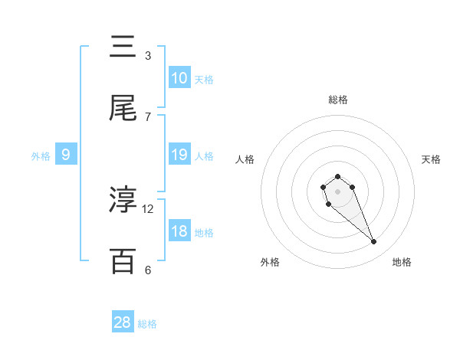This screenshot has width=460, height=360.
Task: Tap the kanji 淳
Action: click(x=123, y=200)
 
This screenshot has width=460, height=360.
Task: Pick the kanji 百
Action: click(x=123, y=261)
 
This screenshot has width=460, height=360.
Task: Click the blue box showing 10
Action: click(x=179, y=78)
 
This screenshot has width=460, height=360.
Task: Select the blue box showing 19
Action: click(x=179, y=155)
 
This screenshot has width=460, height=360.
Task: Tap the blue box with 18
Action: click(x=179, y=231)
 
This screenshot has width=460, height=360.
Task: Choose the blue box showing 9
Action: click(x=66, y=155)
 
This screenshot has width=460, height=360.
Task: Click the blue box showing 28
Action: click(x=123, y=322)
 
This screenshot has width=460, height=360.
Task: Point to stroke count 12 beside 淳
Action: click(x=148, y=208)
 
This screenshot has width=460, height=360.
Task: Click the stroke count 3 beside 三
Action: click(x=148, y=55)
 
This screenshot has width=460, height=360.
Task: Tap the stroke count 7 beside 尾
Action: click(x=148, y=116)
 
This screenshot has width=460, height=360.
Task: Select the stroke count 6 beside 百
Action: click(x=148, y=270)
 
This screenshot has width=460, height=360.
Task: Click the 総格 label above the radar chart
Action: click(x=337, y=100)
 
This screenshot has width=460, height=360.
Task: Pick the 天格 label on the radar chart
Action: click(x=431, y=159)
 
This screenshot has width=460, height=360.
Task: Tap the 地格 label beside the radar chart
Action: click(x=402, y=262)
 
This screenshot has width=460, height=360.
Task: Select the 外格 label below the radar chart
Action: click(x=270, y=262)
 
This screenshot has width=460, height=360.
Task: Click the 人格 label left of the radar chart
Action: click(x=245, y=159)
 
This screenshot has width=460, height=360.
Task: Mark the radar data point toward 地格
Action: click(x=373, y=242)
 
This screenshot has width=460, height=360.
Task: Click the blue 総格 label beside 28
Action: click(x=147, y=324)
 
